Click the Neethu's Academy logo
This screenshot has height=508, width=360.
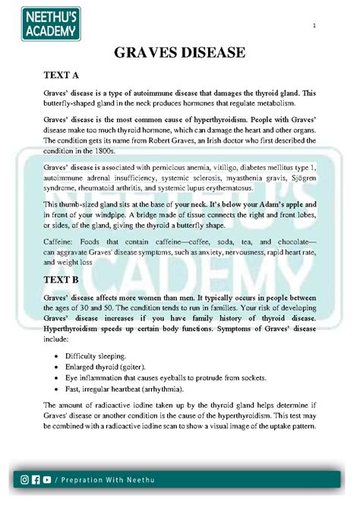click(47, 23)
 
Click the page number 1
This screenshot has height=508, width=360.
click(313, 29)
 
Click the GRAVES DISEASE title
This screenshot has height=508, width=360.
click(180, 52)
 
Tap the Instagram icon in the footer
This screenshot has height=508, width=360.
click(26, 479)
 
